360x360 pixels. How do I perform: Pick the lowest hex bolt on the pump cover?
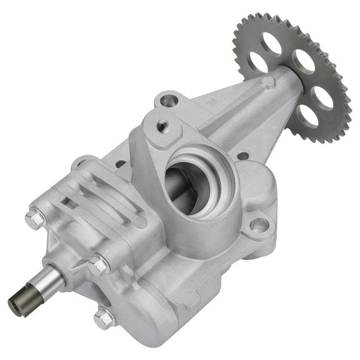104,319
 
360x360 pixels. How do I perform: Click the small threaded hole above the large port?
162,126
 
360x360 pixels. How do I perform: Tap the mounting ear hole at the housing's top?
168,99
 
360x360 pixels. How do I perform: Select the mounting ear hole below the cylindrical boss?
259,224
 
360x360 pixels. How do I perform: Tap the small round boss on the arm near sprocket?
267,81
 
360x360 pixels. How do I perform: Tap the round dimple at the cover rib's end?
140,221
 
